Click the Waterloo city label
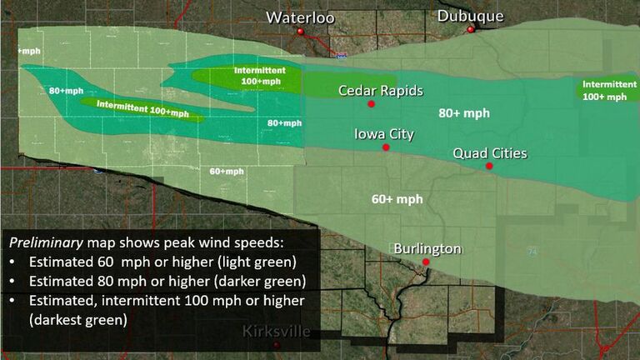pos(300,17)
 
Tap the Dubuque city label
pos(471,16)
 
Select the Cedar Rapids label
pos(381,90)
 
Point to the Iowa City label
pos(384,133)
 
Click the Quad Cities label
pos(490,152)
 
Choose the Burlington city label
pos(427,248)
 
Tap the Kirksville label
pos(277,332)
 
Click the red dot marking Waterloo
pos(301,32)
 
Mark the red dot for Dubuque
pos(471,29)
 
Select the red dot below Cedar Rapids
pos(371,104)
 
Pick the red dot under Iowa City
pos(386,147)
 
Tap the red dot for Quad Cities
pos(490,166)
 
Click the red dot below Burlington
pos(426,262)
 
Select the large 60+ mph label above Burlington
pos(397,199)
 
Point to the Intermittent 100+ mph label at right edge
pos(605,90)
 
